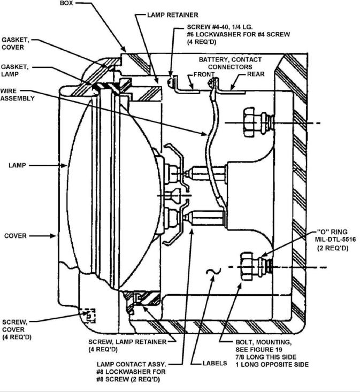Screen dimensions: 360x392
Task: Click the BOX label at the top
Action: pyautogui.click(x=66, y=4)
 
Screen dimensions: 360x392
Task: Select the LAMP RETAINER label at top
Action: pyautogui.click(x=172, y=15)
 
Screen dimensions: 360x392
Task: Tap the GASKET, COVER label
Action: pyautogui.click(x=16, y=43)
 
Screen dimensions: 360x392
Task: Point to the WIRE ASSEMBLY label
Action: pyautogui.click(x=17, y=95)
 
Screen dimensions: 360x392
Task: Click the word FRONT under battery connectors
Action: pyautogui.click(x=204, y=74)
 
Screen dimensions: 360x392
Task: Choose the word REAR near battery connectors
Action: pyautogui.click(x=256, y=74)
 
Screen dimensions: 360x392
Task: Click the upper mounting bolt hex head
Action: pyautogui.click(x=251, y=122)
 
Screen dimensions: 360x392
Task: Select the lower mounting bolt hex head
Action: pyautogui.click(x=249, y=267)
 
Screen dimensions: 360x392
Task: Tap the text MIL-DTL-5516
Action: pyautogui.click(x=335, y=239)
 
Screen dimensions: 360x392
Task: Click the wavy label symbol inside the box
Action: pyautogui.click(x=213, y=272)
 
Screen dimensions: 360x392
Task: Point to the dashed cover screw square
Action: pyautogui.click(x=88, y=316)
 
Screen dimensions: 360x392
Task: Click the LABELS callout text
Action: pyautogui.click(x=215, y=363)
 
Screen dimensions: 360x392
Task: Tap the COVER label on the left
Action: pyautogui.click(x=16, y=236)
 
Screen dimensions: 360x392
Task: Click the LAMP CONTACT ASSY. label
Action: pyautogui.click(x=132, y=364)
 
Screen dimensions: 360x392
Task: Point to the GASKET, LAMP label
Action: pyautogui.click(x=15, y=71)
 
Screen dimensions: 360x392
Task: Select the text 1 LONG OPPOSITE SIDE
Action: pyautogui.click(x=272, y=364)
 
